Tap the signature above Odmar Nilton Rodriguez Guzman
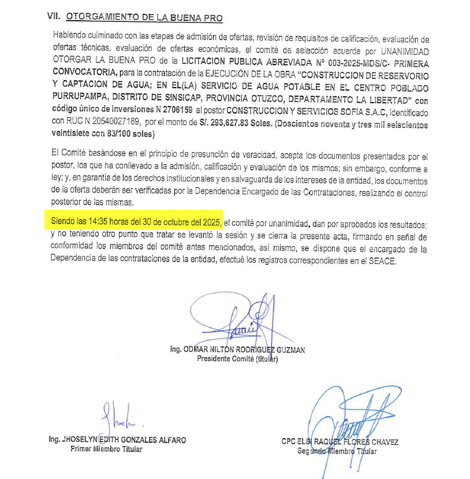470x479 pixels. pyautogui.click(x=237, y=320)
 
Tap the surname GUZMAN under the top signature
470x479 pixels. pyautogui.click(x=288, y=349)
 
